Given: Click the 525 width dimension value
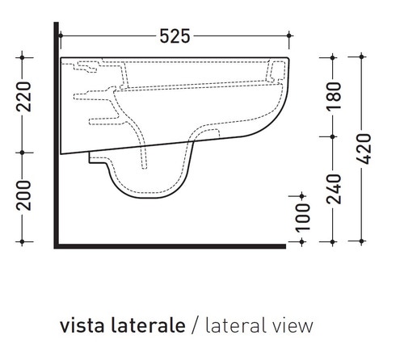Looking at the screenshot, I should click(x=175, y=36).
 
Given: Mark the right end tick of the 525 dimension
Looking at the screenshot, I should click(x=290, y=36).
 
